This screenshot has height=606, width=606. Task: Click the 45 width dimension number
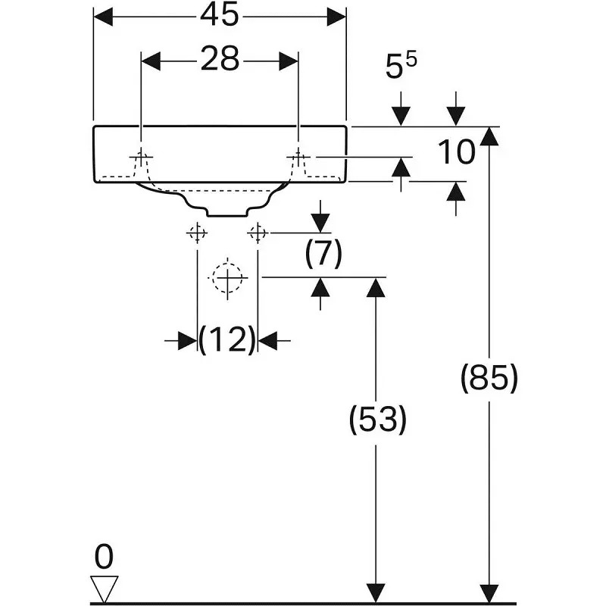(219, 16)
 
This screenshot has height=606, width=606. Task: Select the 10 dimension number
(456, 152)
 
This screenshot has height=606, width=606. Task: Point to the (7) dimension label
(323, 254)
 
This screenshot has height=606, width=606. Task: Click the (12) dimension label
(227, 339)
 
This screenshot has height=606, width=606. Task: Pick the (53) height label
(377, 420)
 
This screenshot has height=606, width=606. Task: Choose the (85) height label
(489, 378)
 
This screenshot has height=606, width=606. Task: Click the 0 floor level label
(104, 557)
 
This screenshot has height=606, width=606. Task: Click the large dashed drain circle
(227, 278)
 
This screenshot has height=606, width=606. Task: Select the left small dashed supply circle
(197, 233)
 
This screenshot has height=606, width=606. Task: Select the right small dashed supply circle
(258, 233)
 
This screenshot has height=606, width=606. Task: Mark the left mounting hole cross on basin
(141, 157)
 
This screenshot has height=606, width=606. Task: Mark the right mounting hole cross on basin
(298, 157)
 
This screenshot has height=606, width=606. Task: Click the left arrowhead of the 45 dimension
(103, 17)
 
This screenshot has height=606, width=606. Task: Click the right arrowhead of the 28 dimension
(289, 61)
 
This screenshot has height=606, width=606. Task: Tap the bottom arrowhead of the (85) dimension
(489, 593)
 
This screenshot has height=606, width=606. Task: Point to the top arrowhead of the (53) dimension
(376, 287)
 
